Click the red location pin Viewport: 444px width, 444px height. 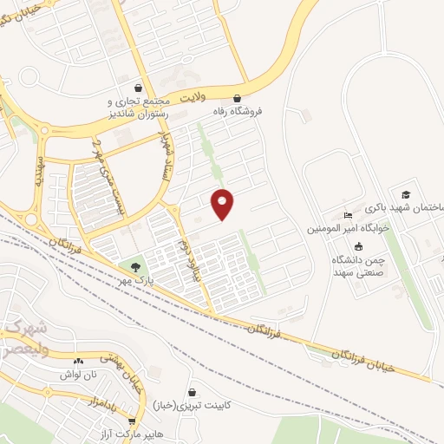point(223,204)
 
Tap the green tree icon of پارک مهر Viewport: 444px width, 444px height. point(134,266)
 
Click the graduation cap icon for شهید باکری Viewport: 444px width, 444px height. point(404,193)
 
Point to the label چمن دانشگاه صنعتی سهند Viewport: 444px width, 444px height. point(359,266)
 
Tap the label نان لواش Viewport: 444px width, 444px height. point(76,375)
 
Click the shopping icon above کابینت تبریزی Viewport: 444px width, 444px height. point(192,391)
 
